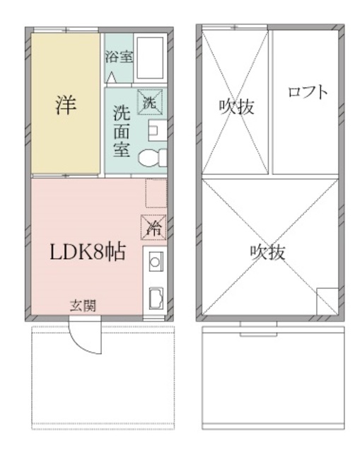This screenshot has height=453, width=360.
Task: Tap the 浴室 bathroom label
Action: tap(118, 57)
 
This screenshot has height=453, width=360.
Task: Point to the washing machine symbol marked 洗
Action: tap(150, 101)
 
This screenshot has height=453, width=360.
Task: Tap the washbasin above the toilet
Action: tap(156, 130)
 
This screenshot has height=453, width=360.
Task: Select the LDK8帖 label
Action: tap(87, 252)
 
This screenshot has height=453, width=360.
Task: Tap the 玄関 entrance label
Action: tap(83, 306)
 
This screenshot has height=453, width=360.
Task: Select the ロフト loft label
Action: tap(308, 92)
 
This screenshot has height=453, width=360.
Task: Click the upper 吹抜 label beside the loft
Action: tap(236, 107)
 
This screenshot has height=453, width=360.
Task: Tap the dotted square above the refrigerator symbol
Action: tap(155, 193)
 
